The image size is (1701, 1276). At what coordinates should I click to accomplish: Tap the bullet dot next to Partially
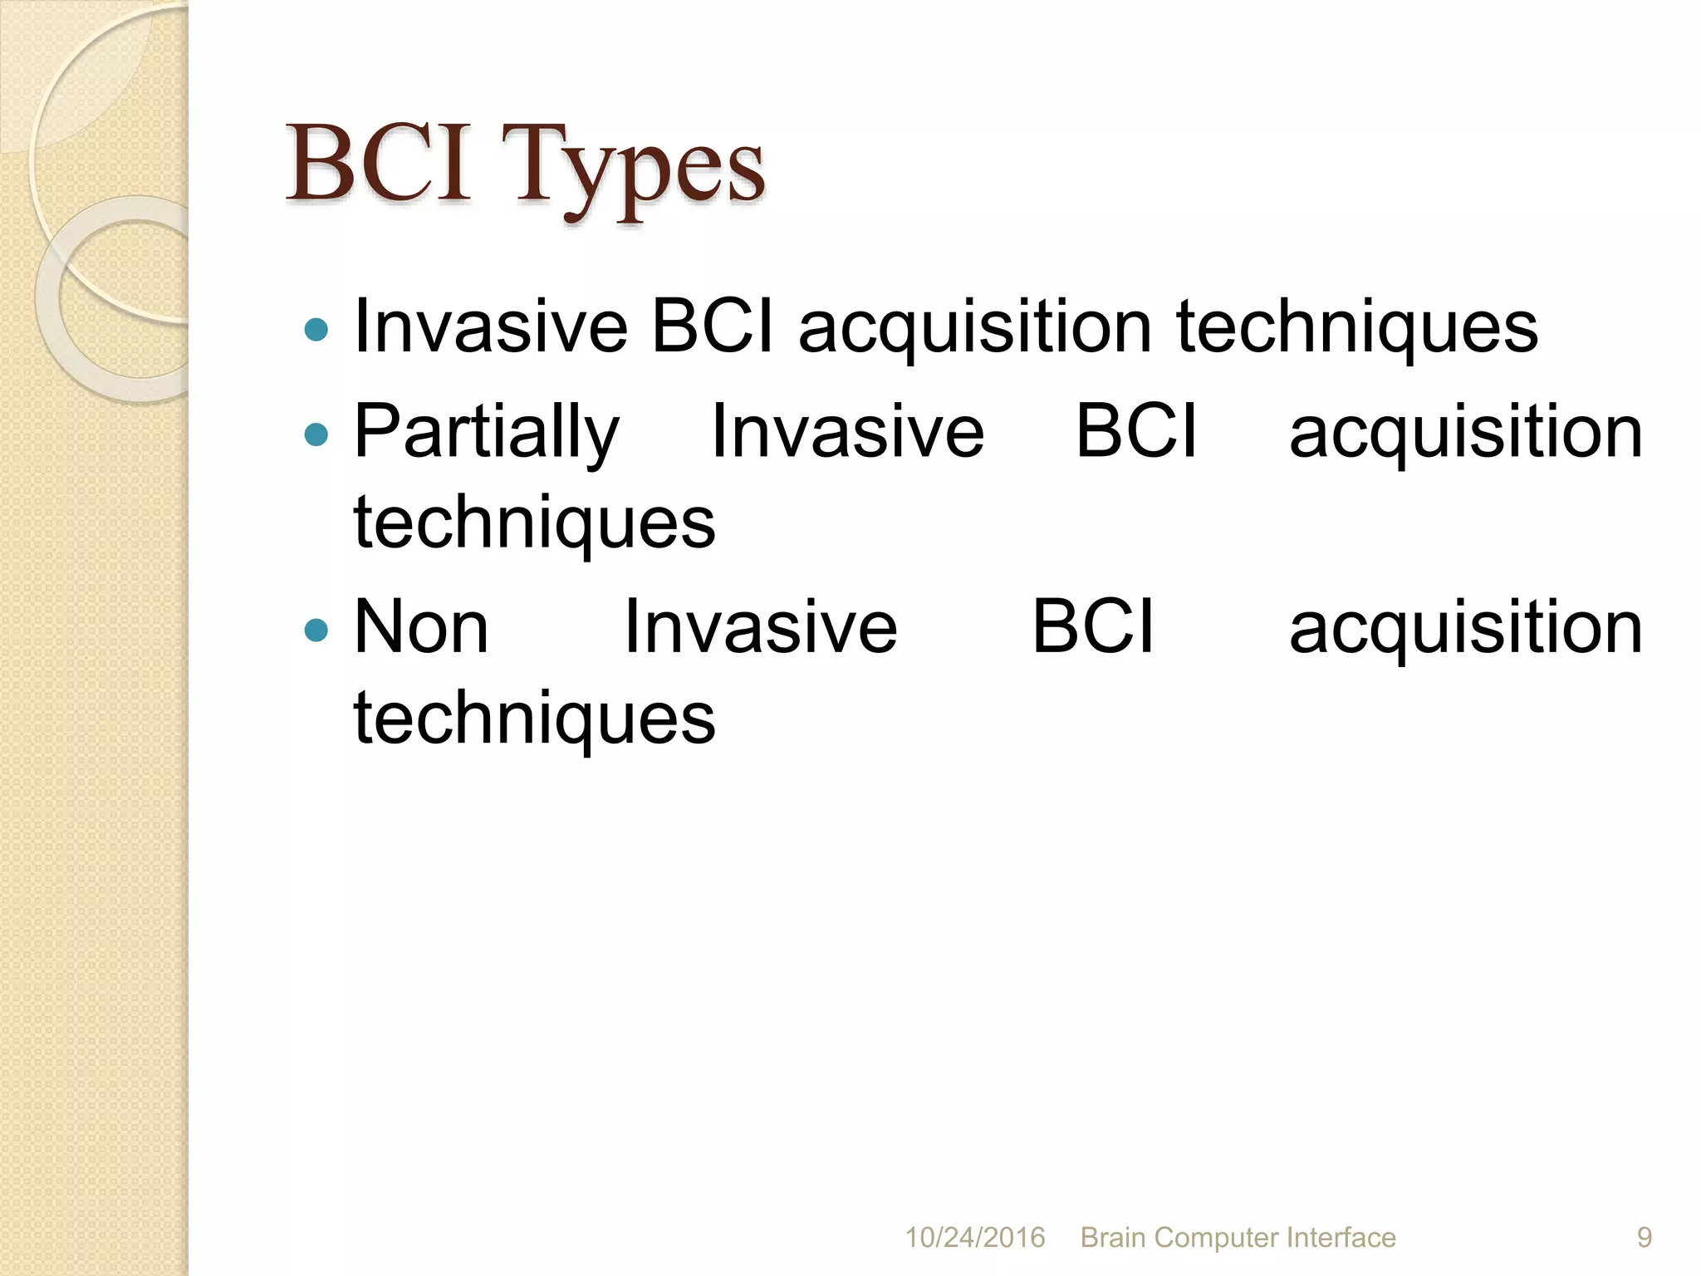(316, 434)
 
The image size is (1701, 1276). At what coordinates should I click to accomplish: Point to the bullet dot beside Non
(316, 631)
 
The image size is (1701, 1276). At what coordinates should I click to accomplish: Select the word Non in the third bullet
(421, 628)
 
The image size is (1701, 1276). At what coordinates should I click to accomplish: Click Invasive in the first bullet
(490, 326)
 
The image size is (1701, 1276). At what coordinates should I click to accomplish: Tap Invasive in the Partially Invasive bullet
(847, 432)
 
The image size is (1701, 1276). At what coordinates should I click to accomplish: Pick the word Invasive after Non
(760, 628)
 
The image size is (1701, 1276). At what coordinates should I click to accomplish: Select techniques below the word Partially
(534, 523)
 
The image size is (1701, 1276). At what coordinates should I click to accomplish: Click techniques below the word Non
(534, 719)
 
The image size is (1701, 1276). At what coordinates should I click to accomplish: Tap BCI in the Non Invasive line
(1092, 628)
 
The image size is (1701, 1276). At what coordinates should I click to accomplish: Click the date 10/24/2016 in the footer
(974, 1237)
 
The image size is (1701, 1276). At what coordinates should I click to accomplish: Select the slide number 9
(1644, 1237)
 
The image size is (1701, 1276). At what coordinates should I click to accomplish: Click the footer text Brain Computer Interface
(1238, 1237)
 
